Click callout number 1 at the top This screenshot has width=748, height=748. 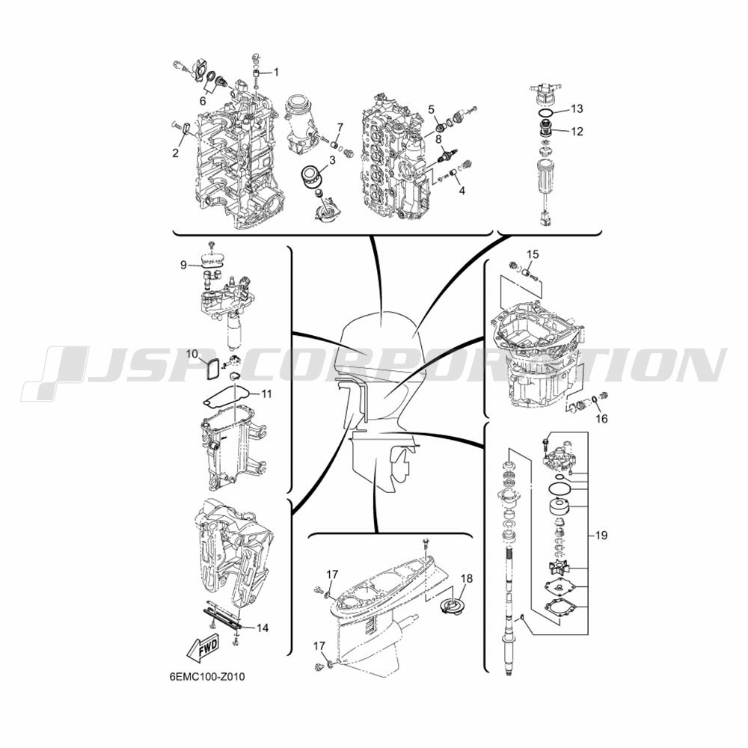(276, 72)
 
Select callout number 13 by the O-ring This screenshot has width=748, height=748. (577, 108)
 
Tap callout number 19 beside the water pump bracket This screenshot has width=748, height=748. (601, 536)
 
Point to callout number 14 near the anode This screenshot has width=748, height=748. (263, 628)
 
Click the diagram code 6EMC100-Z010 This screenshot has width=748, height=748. (206, 676)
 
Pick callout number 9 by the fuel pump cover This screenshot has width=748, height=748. (184, 266)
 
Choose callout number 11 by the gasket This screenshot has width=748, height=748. (266, 394)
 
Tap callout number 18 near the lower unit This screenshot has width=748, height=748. (467, 579)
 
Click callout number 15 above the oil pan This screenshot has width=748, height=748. (533, 254)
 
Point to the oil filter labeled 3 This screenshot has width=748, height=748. (313, 177)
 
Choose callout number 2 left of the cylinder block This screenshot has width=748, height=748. (176, 153)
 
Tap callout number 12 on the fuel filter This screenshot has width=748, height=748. (577, 131)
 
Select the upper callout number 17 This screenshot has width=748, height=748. (333, 574)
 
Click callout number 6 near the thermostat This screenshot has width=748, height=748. (203, 101)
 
